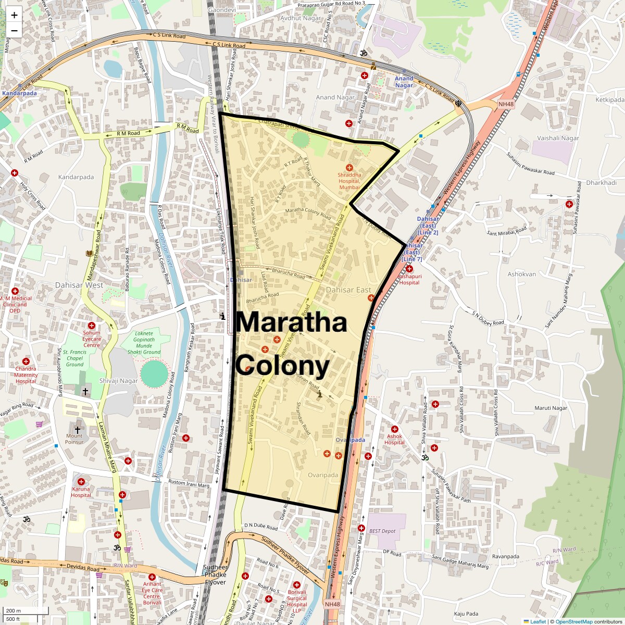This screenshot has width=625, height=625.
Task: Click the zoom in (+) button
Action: coord(14,15)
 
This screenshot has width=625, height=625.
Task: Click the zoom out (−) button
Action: coord(14,31)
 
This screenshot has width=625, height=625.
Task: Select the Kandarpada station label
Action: coord(20,93)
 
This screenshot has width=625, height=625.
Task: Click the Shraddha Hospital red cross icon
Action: coord(349,167)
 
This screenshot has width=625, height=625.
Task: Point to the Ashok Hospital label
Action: coord(394,439)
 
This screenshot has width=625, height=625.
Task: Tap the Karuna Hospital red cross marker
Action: coord(81,482)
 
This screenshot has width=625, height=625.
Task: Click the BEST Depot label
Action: coord(382,531)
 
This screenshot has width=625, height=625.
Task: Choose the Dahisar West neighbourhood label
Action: coord(79,285)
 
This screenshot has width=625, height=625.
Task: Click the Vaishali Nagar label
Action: coord(558,138)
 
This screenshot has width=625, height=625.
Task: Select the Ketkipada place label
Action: coord(609,99)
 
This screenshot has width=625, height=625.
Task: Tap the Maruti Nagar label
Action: coord(551,408)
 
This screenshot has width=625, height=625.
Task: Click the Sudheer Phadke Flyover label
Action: coord(215,574)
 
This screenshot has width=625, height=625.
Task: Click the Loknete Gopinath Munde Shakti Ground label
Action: coord(144,343)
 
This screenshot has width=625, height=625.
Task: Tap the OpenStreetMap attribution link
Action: coord(573,621)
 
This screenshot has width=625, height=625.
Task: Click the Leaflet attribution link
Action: coord(537,621)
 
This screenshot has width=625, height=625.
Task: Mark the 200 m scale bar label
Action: coord(14,610)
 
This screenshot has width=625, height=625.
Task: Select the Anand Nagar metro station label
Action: coord(404,82)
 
